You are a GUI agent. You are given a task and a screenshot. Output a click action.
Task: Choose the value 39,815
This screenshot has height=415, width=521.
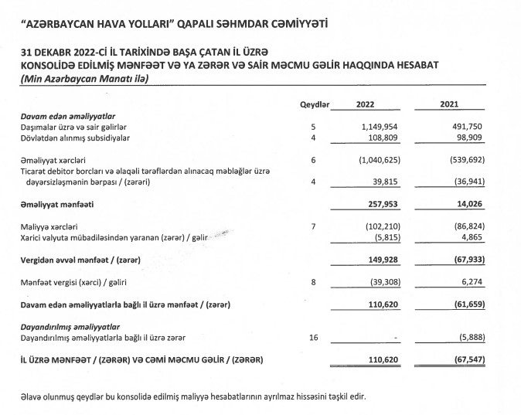[383, 182]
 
